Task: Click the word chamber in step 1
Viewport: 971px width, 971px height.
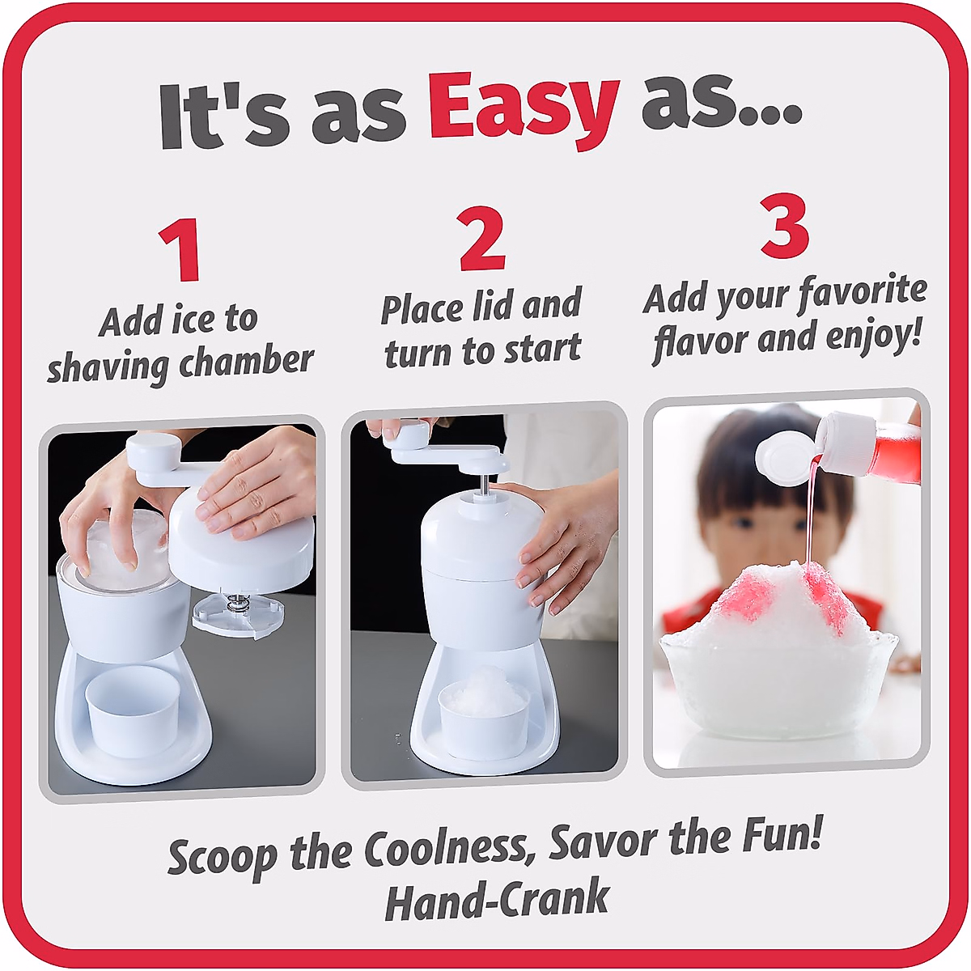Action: tap(246, 362)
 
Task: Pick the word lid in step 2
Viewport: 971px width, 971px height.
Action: tap(490, 307)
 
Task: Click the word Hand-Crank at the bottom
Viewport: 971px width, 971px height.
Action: tap(497, 900)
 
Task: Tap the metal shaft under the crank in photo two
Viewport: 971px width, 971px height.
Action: tap(484, 482)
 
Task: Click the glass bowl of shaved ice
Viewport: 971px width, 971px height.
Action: tap(778, 688)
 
